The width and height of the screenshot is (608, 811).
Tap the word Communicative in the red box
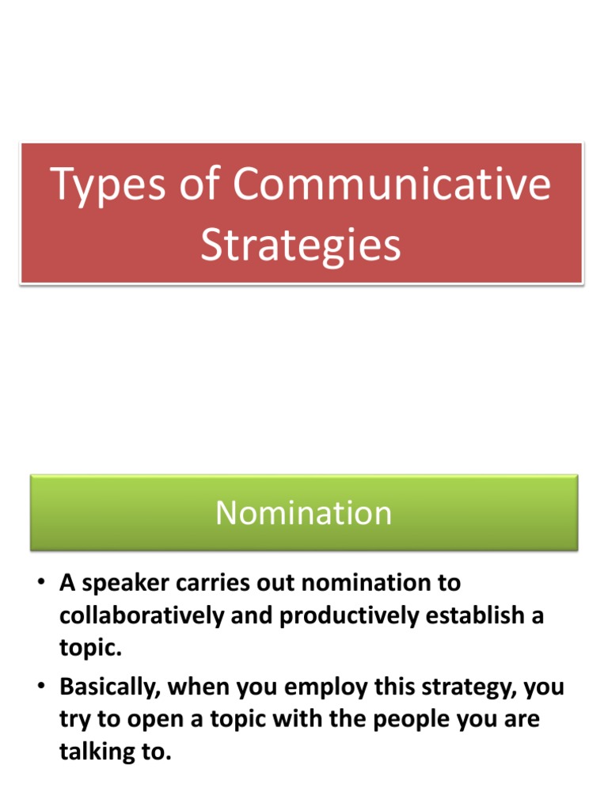391,184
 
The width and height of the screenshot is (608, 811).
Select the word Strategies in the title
300,246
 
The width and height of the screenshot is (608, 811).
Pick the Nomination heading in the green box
303,513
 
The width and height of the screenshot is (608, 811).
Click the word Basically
107,687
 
